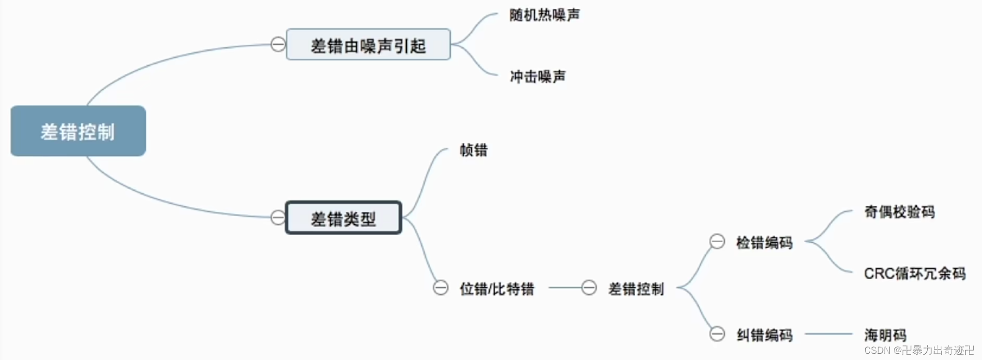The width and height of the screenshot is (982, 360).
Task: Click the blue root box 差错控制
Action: point(78,131)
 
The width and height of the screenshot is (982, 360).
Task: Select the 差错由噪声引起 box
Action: point(368,45)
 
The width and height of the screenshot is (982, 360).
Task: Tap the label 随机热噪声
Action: point(544,15)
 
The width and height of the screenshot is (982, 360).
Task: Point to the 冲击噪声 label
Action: point(538,77)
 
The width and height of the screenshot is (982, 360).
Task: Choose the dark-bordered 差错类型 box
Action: point(343,218)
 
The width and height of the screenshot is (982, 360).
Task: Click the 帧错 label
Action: point(474,151)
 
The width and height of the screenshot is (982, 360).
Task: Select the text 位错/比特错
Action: point(497,289)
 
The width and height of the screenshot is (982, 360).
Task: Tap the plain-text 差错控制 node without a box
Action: point(636,289)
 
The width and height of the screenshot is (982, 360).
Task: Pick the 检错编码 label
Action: point(764,242)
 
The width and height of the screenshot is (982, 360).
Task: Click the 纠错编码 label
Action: point(764,335)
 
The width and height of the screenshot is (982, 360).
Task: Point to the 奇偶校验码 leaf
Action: point(900,212)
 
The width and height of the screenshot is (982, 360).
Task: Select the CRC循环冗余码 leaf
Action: point(915,273)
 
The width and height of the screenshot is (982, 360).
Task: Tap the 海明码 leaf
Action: point(886,334)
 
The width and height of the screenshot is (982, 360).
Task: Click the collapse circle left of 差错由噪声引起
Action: point(278,44)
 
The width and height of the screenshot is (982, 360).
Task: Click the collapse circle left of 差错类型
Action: point(278,217)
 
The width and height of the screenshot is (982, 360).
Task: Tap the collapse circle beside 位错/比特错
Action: point(441,288)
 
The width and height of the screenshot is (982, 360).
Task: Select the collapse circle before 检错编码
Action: point(717,241)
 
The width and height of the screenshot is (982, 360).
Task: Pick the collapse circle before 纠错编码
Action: point(717,333)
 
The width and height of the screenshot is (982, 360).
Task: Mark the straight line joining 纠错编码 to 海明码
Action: point(828,334)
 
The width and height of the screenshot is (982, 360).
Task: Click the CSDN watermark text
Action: point(919,350)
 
